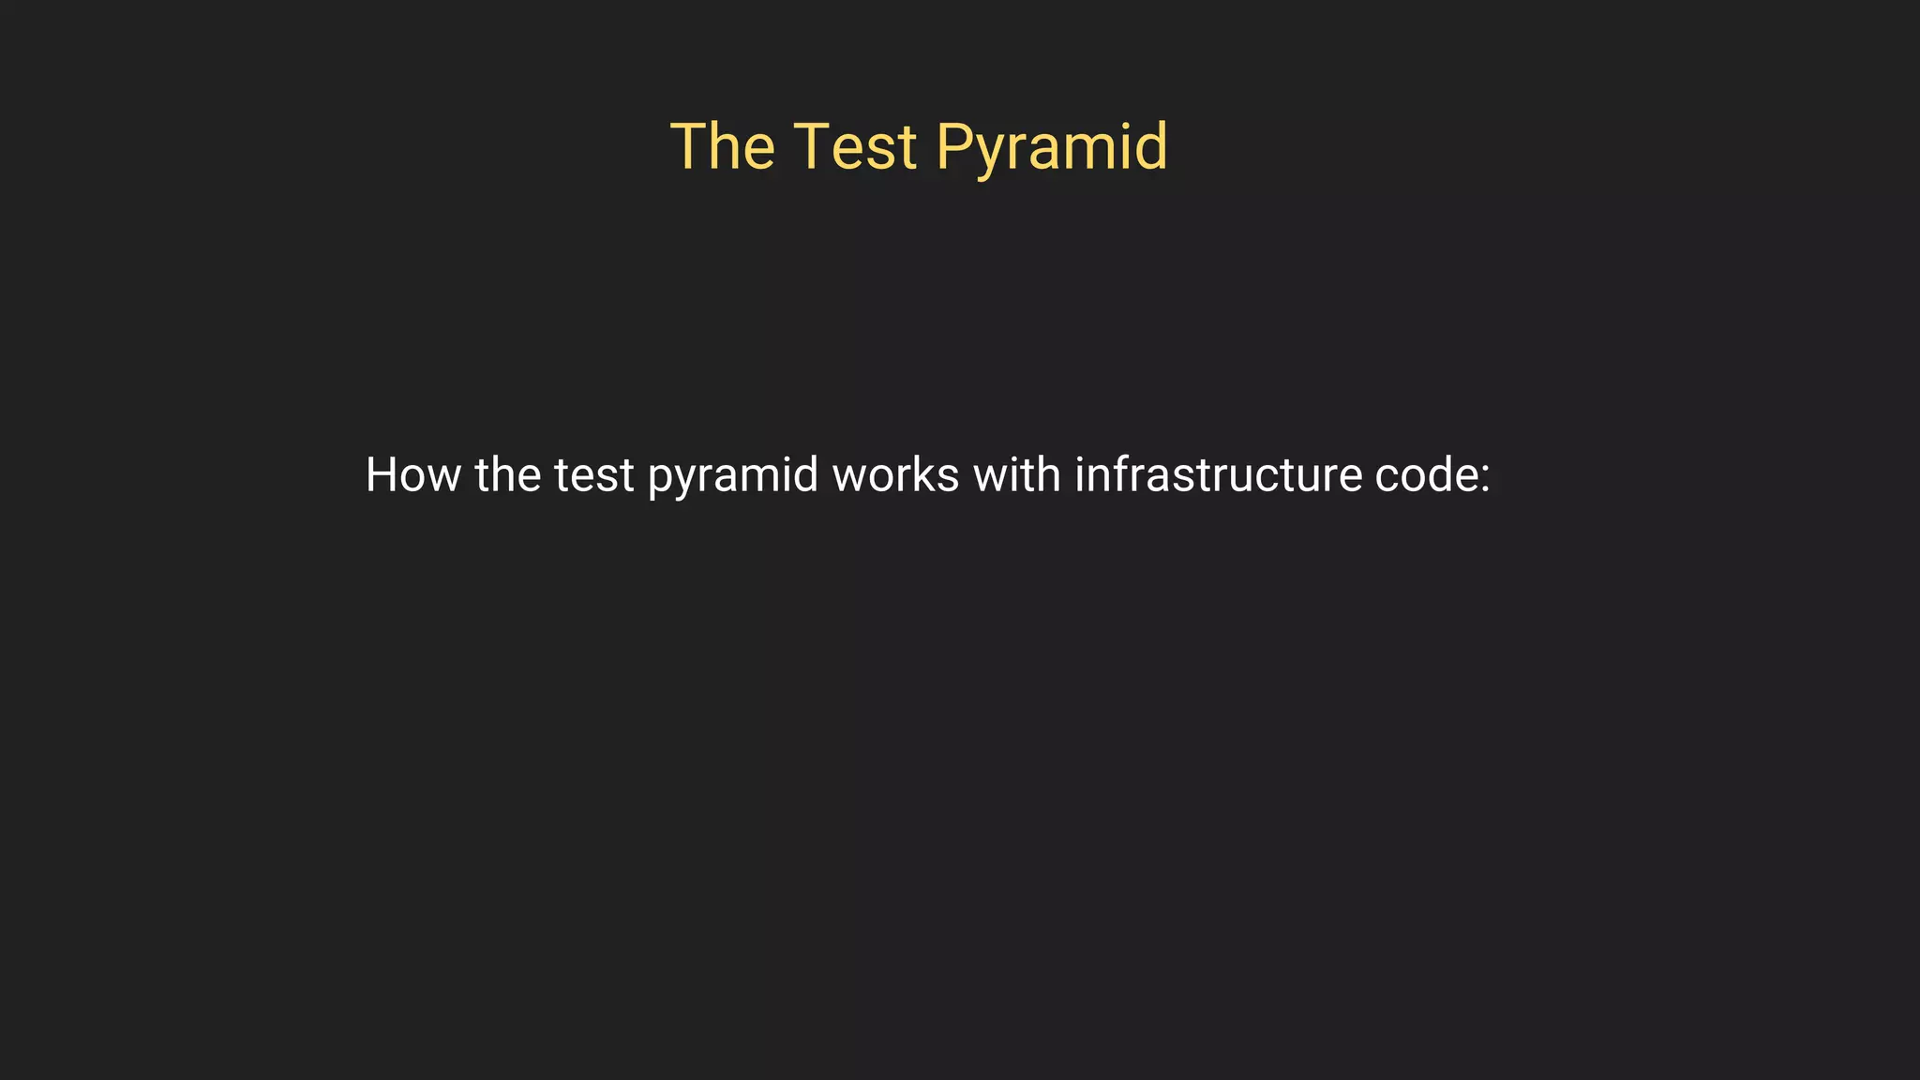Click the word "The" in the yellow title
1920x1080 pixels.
pos(723,147)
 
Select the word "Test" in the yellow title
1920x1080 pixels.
pos(855,147)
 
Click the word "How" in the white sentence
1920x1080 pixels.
pos(412,474)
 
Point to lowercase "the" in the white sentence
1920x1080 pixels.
pos(507,474)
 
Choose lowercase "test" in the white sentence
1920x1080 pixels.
pos(594,476)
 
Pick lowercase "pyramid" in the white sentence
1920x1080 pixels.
pos(733,478)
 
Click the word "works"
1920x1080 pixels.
pos(895,474)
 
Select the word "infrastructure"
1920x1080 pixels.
pos(1218,474)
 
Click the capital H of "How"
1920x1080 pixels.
pos(382,474)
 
